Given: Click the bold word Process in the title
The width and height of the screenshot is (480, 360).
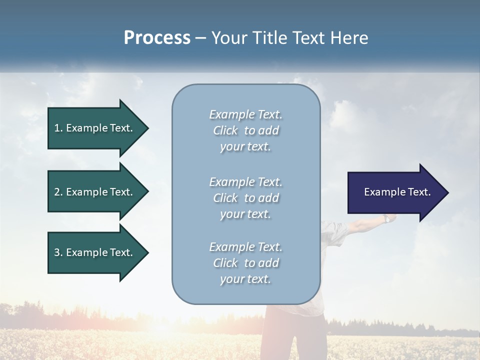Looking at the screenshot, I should tap(157, 38).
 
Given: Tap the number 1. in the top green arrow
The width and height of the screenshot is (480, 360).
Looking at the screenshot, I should tap(58, 128).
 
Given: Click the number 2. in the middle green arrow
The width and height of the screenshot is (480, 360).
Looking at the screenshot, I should tap(58, 192).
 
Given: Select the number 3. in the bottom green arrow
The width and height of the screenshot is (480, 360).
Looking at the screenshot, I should tap(58, 252).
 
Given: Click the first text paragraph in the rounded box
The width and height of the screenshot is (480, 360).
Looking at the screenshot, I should tap(245, 130).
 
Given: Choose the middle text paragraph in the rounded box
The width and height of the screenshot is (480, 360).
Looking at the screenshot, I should tap(245, 197).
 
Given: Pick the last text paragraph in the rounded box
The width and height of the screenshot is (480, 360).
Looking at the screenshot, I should tap(245, 262).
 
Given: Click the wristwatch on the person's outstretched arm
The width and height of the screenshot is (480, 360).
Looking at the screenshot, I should tap(387, 218).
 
